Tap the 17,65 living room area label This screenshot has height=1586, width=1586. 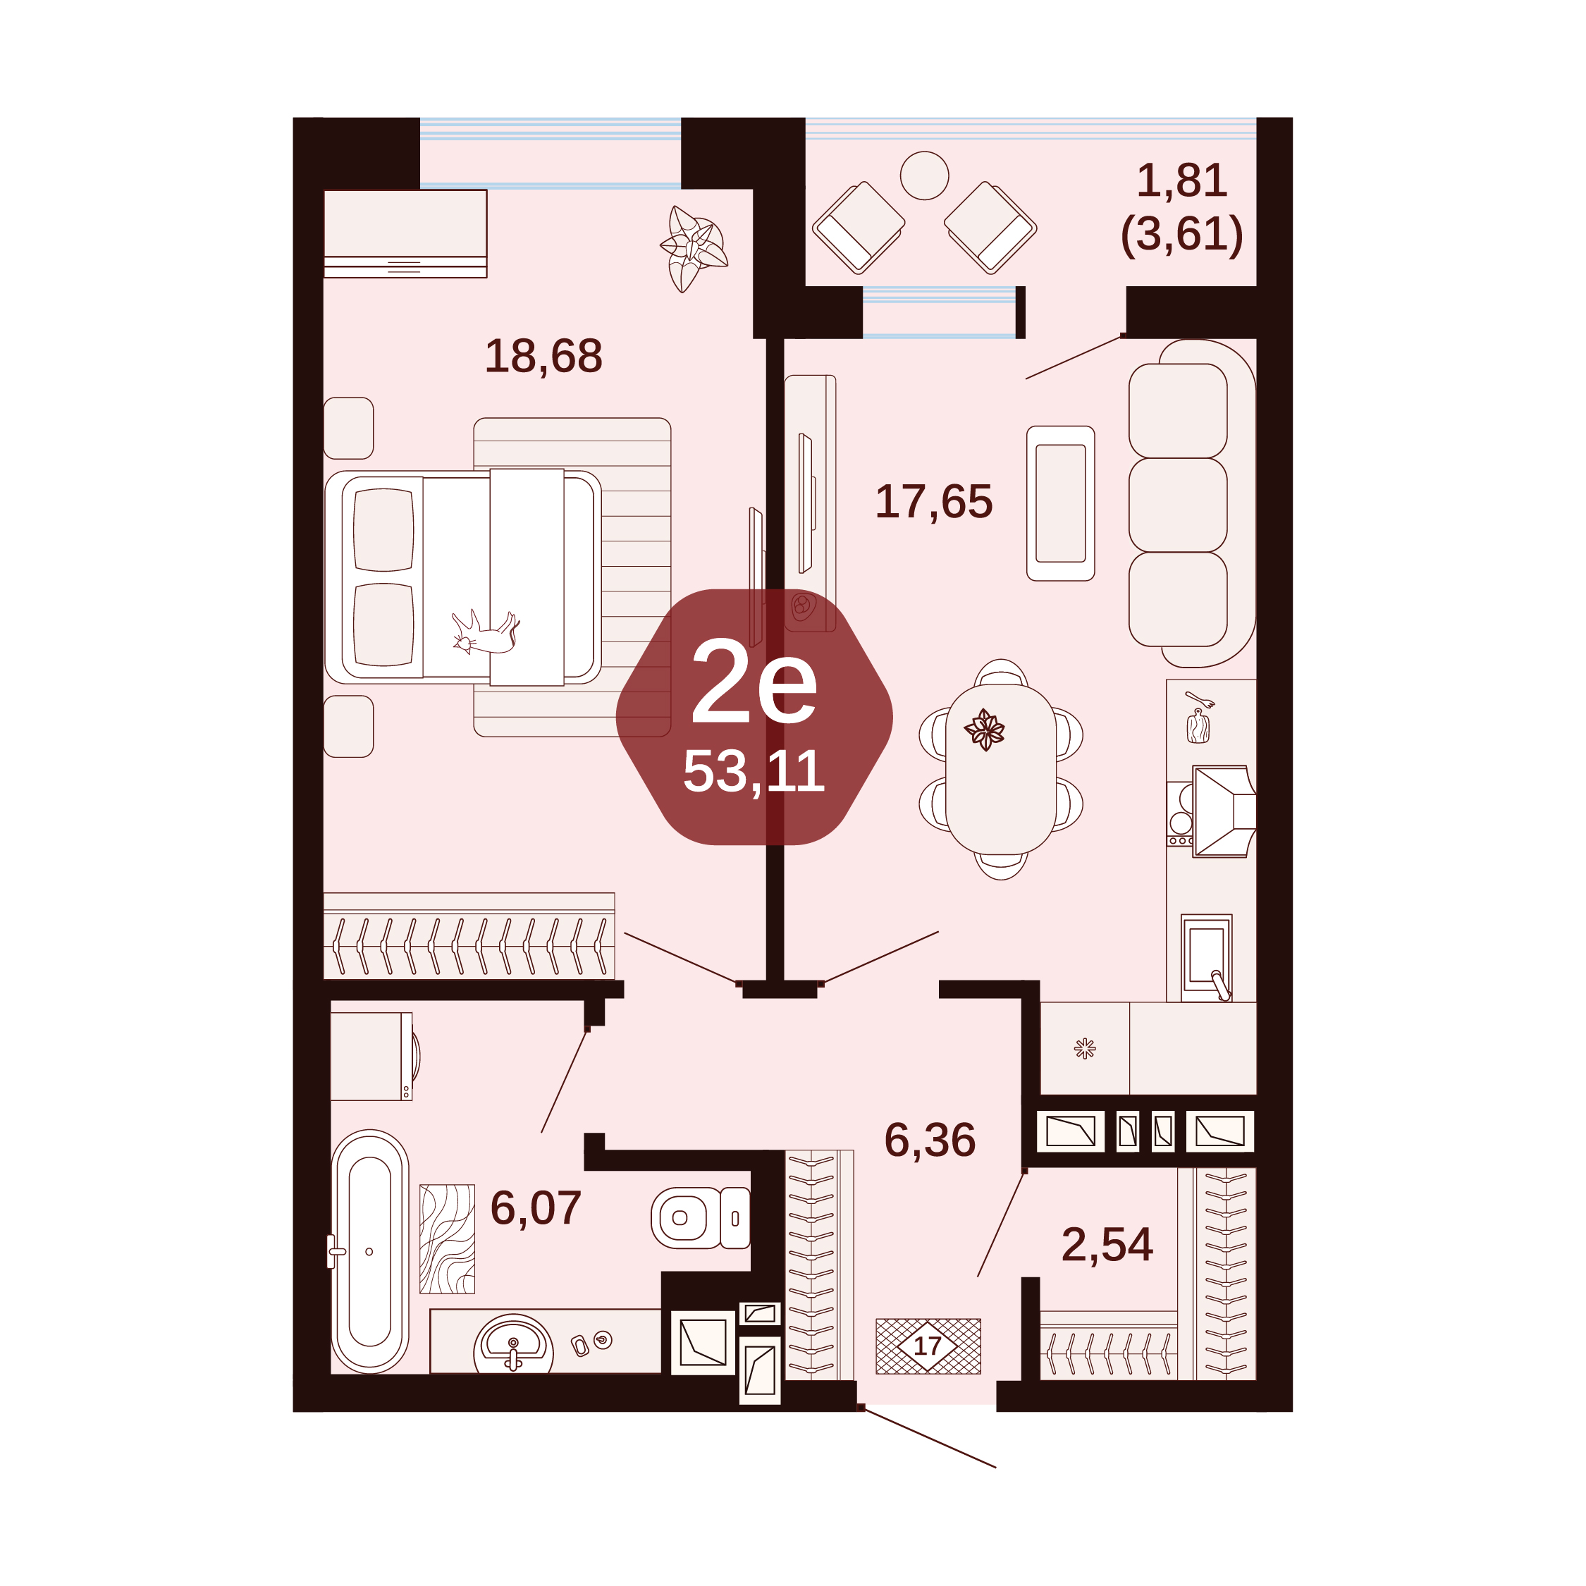[933, 503]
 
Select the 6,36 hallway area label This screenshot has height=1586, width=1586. [929, 1141]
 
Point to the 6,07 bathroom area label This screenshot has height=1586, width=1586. [535, 1208]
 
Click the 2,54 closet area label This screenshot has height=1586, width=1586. [1107, 1245]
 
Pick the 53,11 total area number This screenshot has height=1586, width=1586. [754, 772]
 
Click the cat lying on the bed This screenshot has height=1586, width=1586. [485, 632]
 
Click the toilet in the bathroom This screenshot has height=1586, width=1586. [700, 1218]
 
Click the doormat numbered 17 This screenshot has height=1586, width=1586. [928, 1346]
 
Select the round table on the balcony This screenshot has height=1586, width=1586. [924, 176]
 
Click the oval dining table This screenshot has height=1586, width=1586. [1001, 769]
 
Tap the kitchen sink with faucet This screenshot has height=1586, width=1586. [1206, 957]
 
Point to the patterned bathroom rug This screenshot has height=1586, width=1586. [447, 1238]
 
